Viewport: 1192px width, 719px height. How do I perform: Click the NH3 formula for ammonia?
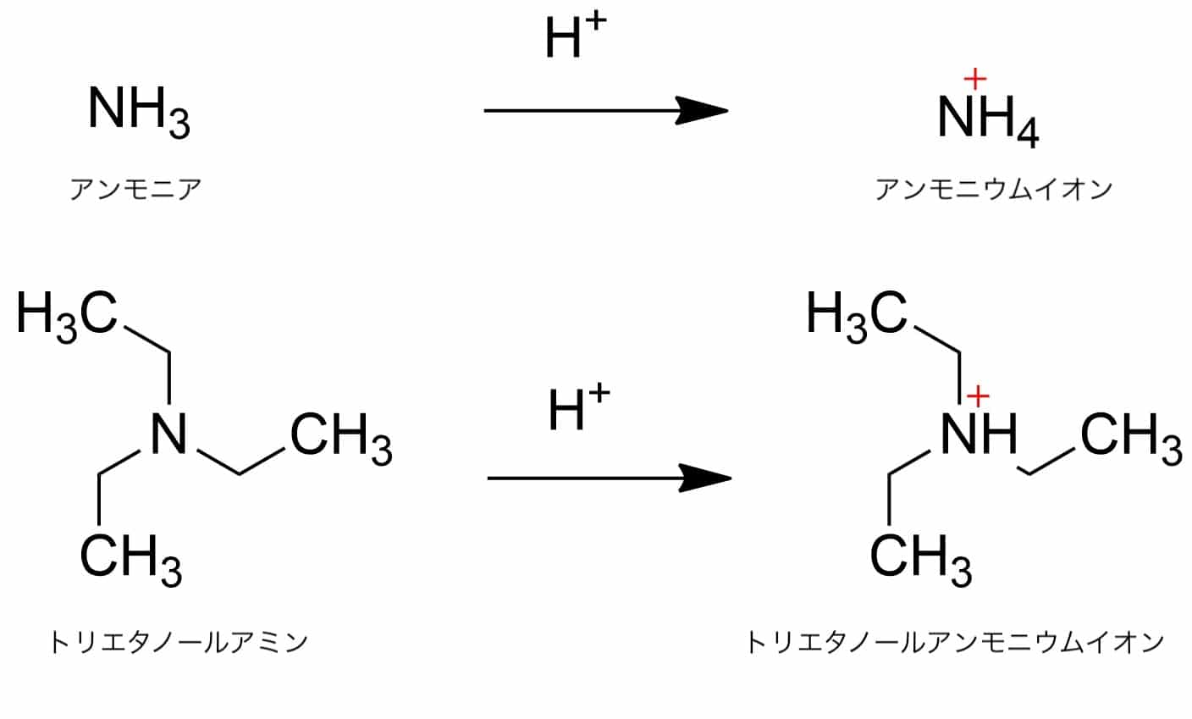tap(138, 112)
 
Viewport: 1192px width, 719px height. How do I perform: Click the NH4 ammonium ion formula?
tap(987, 119)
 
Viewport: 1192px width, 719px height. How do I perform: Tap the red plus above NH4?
tap(975, 79)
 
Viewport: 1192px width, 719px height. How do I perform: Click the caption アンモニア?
tap(135, 189)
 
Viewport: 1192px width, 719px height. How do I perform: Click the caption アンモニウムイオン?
tap(993, 189)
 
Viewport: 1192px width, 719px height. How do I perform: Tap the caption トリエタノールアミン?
tap(178, 643)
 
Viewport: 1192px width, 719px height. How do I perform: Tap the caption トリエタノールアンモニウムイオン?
tap(955, 643)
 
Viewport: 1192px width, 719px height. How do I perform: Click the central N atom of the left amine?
tap(169, 435)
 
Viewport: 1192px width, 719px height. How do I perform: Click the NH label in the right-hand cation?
tap(979, 435)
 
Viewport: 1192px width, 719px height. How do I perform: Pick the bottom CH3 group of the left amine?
tap(130, 559)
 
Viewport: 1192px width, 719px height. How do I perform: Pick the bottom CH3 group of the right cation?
tap(920, 559)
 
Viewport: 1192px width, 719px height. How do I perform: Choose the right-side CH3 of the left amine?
tap(340, 439)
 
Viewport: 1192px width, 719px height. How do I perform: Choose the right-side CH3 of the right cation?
tap(1130, 439)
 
